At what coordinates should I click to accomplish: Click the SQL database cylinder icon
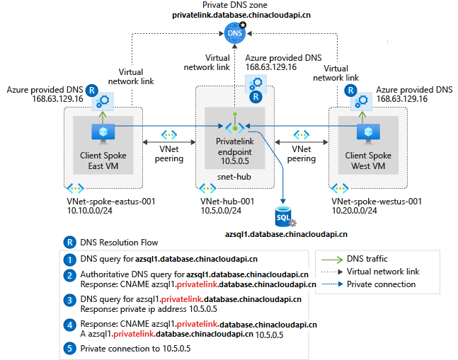point(284,214)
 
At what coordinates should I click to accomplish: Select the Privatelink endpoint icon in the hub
point(234,127)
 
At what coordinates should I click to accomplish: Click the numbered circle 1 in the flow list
point(69,259)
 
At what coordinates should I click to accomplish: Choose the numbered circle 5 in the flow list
point(69,348)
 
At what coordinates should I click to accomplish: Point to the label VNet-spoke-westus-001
point(377,202)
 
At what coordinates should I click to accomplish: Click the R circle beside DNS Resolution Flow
point(69,241)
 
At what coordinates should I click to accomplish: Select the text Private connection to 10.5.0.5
point(134,348)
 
